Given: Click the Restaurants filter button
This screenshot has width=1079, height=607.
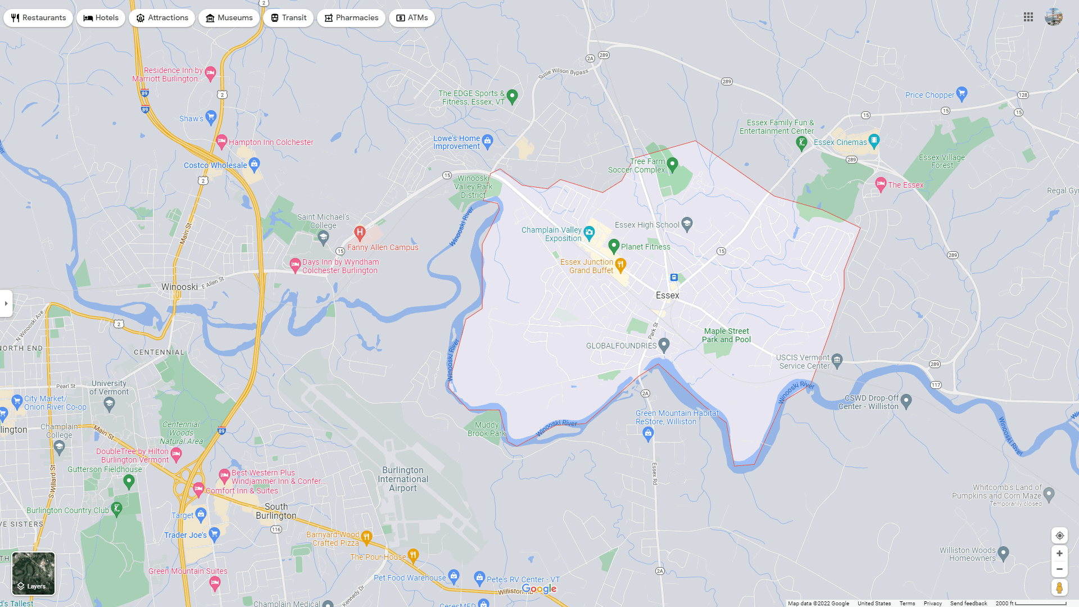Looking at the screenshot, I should point(38,18).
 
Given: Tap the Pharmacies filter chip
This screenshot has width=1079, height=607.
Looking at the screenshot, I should point(351,18).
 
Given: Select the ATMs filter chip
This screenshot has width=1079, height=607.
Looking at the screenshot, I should point(411,18).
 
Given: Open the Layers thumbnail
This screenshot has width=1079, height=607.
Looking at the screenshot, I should point(33,573).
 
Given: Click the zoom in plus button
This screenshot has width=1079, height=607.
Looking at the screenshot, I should point(1059,554).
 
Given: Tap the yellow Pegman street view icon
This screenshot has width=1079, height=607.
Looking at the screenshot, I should point(1059,588).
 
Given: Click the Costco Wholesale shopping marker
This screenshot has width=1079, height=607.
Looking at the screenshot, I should point(254,164).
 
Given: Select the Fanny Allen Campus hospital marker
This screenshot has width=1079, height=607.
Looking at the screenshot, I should point(360,232).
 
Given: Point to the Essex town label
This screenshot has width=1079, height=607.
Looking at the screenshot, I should point(667,296).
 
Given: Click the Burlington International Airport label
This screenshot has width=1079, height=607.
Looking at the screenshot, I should point(403,479).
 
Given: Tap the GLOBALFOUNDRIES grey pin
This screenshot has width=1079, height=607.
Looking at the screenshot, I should point(664,345).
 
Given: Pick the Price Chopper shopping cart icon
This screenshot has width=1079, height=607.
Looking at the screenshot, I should point(962,93).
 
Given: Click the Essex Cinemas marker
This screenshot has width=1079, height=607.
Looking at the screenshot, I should point(874,140).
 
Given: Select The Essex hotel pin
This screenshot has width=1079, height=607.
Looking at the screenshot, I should point(880,183).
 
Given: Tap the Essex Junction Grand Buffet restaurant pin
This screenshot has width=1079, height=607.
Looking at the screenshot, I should point(620,264).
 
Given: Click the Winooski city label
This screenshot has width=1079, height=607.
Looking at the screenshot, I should point(179,287).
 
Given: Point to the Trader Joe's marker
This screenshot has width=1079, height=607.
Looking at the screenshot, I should point(214,533).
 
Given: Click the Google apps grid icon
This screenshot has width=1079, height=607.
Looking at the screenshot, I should point(1028,17).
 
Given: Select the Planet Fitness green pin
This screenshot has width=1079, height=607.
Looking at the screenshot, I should point(614,246).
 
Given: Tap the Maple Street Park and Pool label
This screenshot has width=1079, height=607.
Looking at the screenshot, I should point(726,336).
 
